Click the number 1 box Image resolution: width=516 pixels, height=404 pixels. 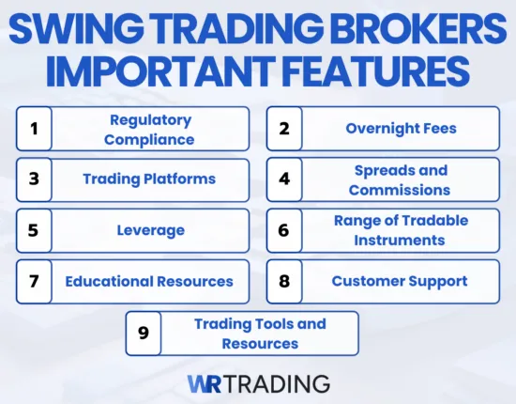pos(35,129)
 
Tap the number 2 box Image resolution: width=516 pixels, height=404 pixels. pos(284,129)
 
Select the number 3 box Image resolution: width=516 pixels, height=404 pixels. pos(35,179)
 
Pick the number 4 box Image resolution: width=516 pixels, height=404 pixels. pos(284,179)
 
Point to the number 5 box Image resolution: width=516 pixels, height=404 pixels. pos(35,230)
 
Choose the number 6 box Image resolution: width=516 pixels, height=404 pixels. pos(284,230)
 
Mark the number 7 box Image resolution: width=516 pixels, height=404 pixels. pos(35,281)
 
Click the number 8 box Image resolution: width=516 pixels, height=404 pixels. pos(284,281)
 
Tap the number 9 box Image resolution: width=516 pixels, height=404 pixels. pos(144,333)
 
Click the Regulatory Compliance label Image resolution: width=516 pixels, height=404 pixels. pos(150,129)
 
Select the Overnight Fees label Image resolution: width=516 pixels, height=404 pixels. pos(400,129)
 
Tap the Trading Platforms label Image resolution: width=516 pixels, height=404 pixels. pos(149,179)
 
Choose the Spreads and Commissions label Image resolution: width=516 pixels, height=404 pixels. pos(400,179)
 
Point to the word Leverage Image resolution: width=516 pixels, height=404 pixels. pos(150,230)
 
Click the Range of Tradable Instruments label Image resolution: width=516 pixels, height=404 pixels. pos(400,230)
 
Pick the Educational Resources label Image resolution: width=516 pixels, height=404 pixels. pos(149,281)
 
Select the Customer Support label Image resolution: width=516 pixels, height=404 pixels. pos(400,281)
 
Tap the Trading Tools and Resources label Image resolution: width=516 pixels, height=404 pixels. pos(260,333)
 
